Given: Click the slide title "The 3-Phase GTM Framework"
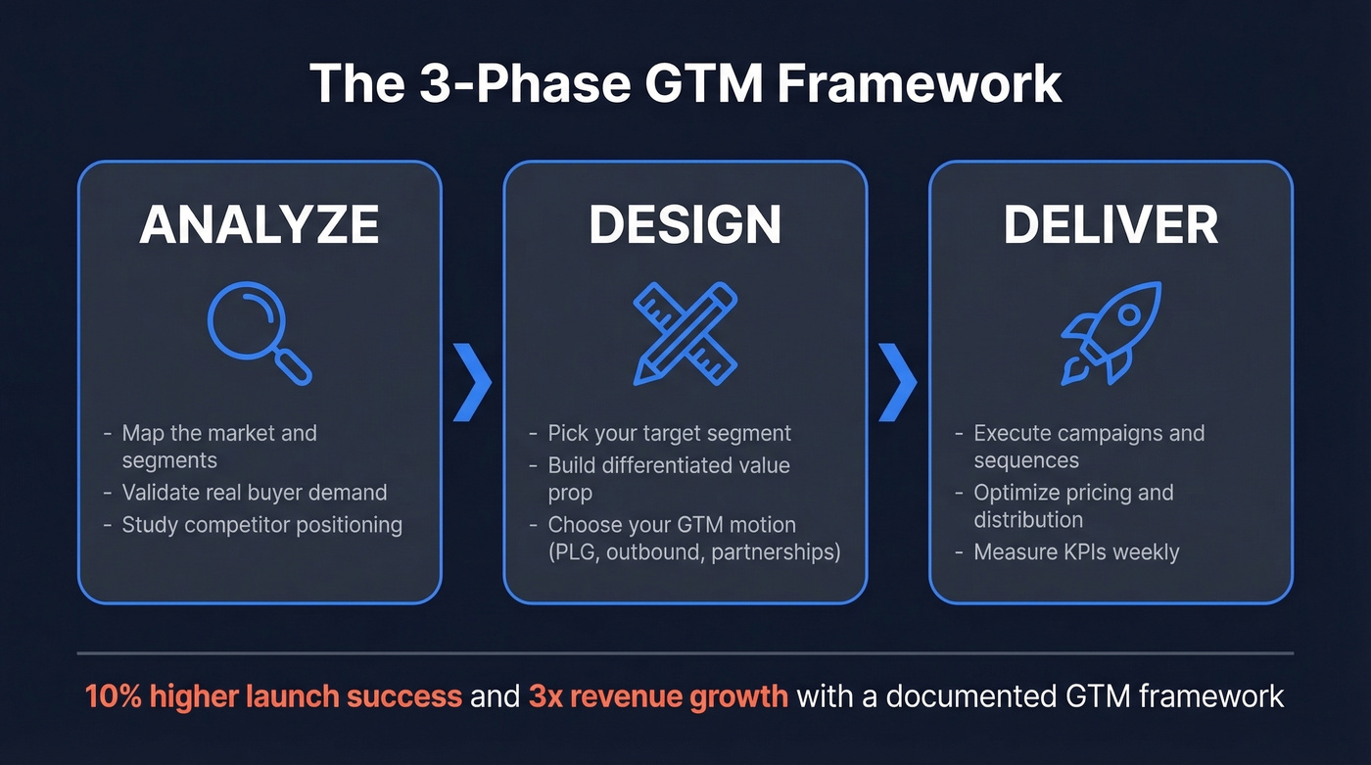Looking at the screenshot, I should pos(685,83).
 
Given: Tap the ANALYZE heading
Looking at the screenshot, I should pos(260,225).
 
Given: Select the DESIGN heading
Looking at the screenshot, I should pos(685,225).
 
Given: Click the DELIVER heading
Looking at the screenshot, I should pos(1111,225).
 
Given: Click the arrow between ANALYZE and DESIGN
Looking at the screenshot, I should pos(472,382).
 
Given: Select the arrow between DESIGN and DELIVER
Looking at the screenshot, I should pos(897,382).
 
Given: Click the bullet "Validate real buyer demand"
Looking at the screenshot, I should pos(254,493).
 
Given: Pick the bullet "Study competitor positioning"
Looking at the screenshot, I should pos(261,525).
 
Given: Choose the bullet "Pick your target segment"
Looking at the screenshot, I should pos(669,433).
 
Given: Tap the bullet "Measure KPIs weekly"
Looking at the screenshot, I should pos(1076,552).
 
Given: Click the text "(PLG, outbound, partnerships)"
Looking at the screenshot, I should pos(693,552).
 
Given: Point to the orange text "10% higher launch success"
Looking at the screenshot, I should pos(273,696).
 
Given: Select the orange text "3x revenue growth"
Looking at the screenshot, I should pos(658,696).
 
